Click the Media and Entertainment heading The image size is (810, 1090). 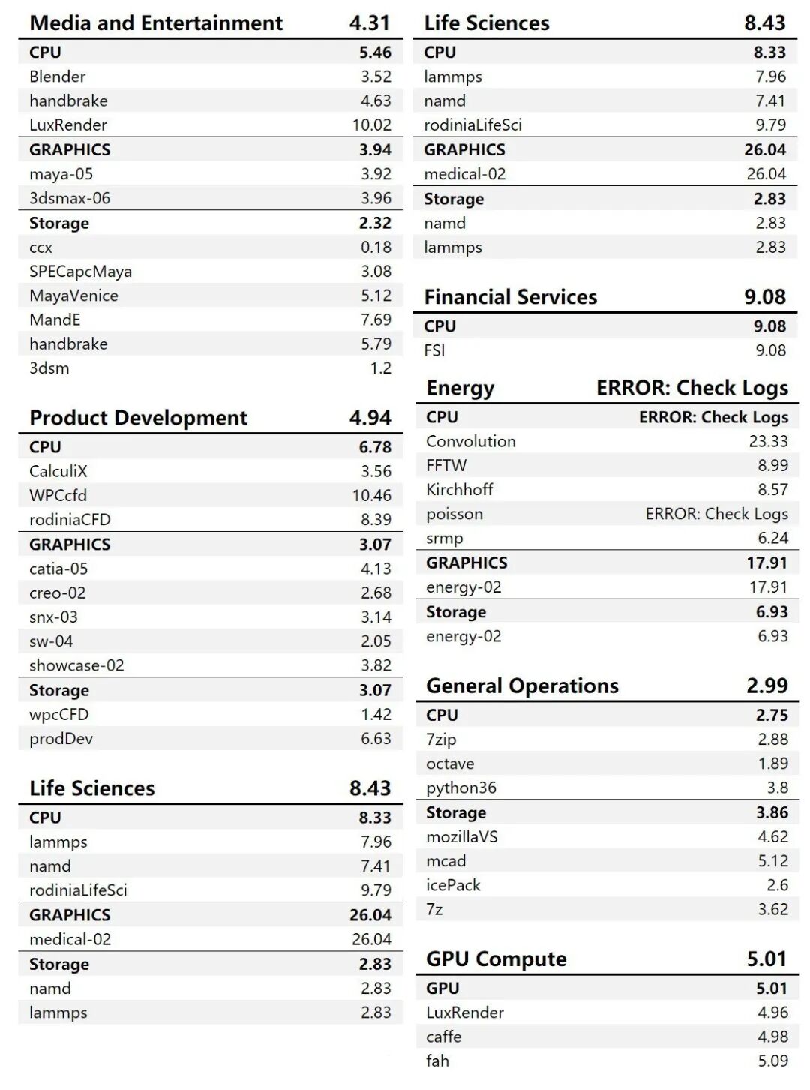[156, 23]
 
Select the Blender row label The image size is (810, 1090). [58, 77]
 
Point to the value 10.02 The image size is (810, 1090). [371, 125]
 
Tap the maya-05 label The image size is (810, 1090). [61, 174]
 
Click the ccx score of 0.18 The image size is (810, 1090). [376, 248]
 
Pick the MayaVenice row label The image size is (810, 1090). [73, 296]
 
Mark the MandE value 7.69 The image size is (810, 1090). [376, 320]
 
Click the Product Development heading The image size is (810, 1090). [138, 418]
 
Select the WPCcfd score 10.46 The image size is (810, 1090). [371, 495]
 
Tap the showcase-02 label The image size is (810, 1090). [76, 665]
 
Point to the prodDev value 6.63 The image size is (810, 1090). [376, 739]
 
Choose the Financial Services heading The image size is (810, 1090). [511, 297]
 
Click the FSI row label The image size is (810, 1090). [434, 350]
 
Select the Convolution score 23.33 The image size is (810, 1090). [768, 441]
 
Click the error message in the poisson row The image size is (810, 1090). [716, 514]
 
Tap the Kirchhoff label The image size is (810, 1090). [460, 489]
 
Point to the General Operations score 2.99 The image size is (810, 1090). [767, 686]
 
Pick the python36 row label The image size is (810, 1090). [461, 788]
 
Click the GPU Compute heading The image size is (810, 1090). [496, 959]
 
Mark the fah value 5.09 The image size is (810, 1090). [772, 1061]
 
